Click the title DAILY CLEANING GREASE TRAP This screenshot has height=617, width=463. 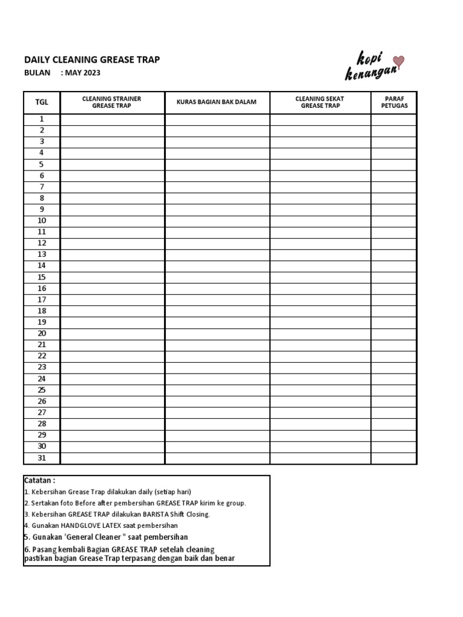pos(92,60)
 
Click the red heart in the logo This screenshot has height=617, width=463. pos(398,60)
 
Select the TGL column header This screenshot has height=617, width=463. pos(42,102)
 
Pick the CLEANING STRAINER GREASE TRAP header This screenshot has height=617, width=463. pos(112,102)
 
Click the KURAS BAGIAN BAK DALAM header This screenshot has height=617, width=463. pos(216,102)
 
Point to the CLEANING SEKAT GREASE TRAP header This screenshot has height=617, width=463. pos(320,102)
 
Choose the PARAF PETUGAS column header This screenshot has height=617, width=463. pos(393,102)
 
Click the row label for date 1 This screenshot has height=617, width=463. pos(42,119)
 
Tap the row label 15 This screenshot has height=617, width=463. pos(42,277)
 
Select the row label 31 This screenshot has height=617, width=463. pos(42,458)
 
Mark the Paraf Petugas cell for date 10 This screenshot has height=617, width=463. pos(393,221)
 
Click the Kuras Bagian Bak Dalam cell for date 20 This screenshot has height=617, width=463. pos(217,334)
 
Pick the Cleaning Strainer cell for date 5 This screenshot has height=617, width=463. pos(112,164)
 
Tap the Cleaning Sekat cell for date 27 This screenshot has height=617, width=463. pos(320,413)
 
